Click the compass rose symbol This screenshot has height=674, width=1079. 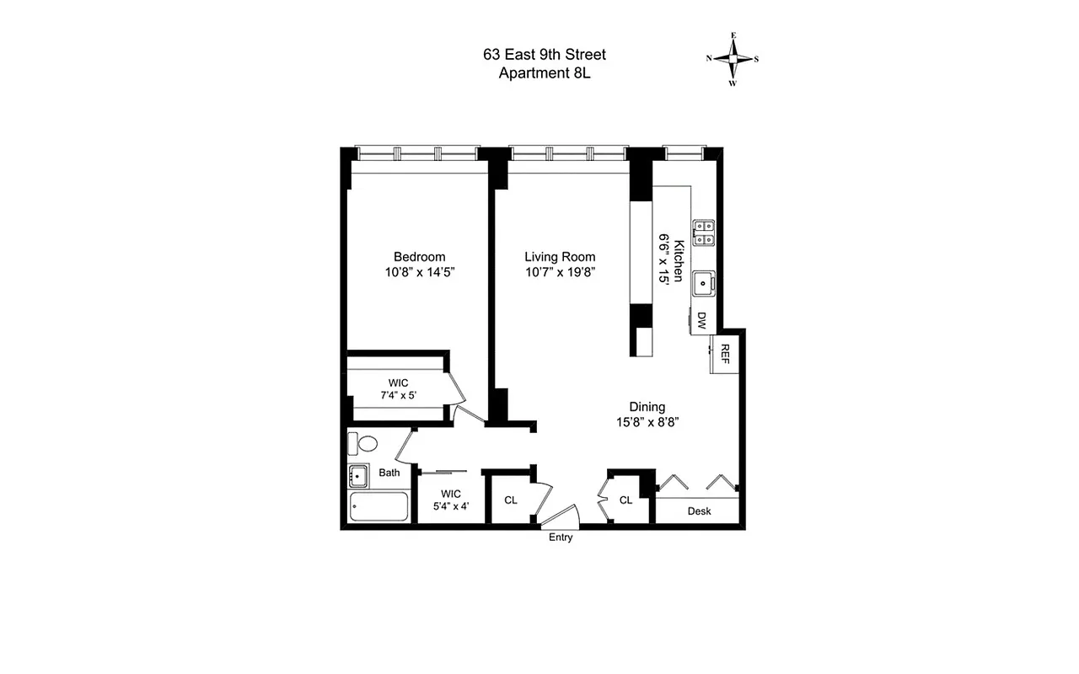click(733, 59)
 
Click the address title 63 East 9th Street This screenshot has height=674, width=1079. click(544, 55)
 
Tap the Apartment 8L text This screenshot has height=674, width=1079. click(544, 73)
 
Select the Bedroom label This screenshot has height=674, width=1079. click(419, 257)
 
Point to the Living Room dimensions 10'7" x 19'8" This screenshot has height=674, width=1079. click(560, 272)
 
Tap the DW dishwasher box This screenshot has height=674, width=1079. click(701, 320)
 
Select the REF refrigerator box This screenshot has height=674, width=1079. click(723, 355)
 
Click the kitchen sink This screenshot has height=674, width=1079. click(702, 284)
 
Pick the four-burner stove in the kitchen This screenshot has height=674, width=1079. click(703, 233)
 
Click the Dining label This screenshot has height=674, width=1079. click(647, 407)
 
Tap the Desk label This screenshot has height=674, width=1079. click(699, 511)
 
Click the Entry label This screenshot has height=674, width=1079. click(561, 538)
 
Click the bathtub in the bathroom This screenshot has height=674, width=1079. click(378, 507)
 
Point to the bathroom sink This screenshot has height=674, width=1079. click(358, 476)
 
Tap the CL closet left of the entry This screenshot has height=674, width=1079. click(510, 500)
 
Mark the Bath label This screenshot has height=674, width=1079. click(389, 473)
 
